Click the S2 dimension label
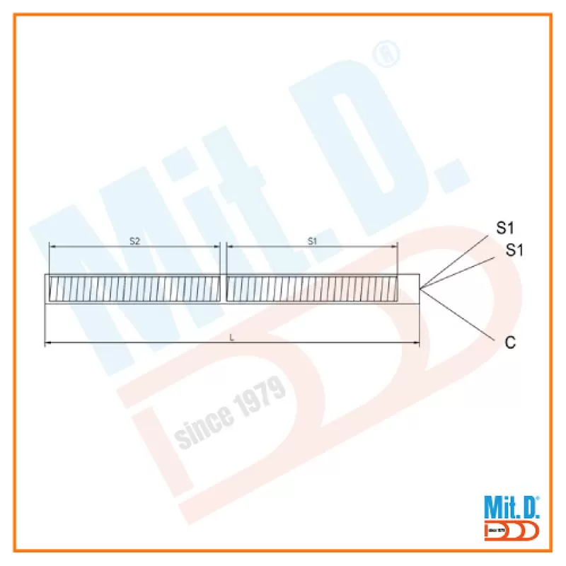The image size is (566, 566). coord(134,241)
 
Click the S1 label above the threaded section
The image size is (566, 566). coord(312,241)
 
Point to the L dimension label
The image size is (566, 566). coord(232,338)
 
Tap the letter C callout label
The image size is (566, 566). coord(510,342)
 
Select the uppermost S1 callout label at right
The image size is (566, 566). coord(505,228)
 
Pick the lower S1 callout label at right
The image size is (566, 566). coord(514,250)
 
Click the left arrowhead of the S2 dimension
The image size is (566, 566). coord(52,247)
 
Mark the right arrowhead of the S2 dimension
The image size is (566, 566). coord(217,247)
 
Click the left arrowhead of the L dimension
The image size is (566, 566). coord(47,343)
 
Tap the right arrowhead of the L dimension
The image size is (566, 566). coord(417,343)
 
